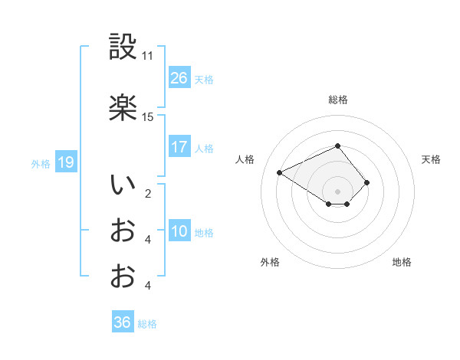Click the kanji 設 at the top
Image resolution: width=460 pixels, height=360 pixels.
coord(123,47)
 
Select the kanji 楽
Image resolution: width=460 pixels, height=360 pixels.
coord(123,108)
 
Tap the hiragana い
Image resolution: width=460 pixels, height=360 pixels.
coord(123,185)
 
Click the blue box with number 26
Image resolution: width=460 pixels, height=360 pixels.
coord(179,78)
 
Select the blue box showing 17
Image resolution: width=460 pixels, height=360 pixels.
coord(179,148)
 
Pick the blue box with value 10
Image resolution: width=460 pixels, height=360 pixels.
coord(179,232)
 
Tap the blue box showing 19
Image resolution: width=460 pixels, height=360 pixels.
coord(65,162)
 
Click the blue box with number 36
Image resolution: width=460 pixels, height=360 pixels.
coord(123,322)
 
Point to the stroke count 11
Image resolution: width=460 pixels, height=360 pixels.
coord(147,56)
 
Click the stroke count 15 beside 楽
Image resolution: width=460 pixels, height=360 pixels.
coord(147,117)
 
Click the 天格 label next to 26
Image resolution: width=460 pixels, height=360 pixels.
coord(204,79)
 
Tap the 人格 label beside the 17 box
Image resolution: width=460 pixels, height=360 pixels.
coord(204,149)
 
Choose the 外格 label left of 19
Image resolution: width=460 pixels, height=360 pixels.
coord(41,163)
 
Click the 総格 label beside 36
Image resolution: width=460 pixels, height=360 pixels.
coord(147,324)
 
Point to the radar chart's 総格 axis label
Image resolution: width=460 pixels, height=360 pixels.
coord(337,100)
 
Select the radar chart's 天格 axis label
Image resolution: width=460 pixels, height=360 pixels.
coord(431,159)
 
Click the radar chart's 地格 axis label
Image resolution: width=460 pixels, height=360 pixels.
coord(402,262)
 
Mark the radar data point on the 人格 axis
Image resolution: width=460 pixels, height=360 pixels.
coord(280,172)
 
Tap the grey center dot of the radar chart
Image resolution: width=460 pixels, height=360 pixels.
coord(337,190)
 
